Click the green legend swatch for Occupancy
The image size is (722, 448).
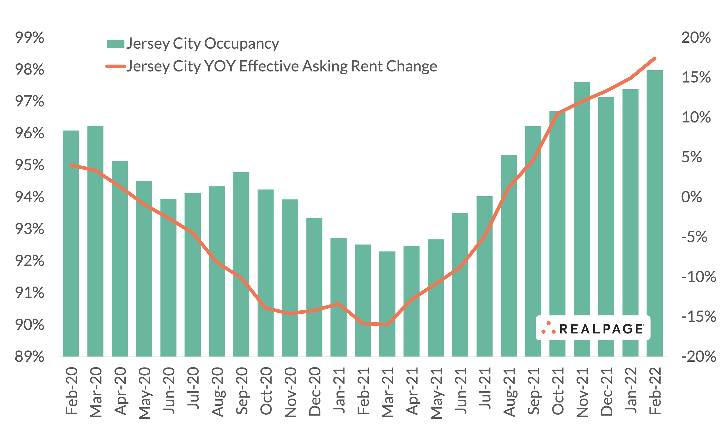pyautogui.click(x=115, y=44)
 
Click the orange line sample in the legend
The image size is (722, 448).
pyautogui.click(x=115, y=66)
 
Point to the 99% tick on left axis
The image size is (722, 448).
pyautogui.click(x=29, y=38)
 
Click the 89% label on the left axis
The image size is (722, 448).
pyautogui.click(x=29, y=357)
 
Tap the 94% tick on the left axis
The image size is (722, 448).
pyautogui.click(x=29, y=197)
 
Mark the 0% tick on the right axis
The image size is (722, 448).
pyautogui.click(x=691, y=197)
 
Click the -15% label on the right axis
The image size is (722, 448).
pyautogui.click(x=698, y=317)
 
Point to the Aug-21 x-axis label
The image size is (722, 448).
pyautogui.click(x=509, y=392)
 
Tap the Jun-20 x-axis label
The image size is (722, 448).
pyautogui.click(x=169, y=390)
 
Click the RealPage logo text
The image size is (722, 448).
pyautogui.click(x=601, y=329)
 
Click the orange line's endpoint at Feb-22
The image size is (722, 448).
pyautogui.click(x=654, y=58)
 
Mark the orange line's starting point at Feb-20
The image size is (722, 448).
pyautogui.click(x=71, y=165)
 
